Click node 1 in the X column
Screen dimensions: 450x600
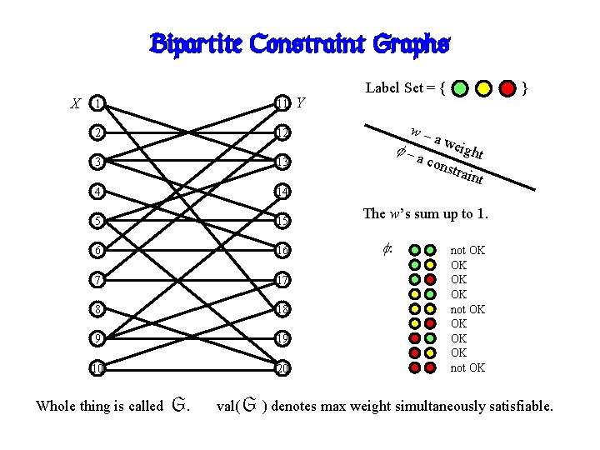98,103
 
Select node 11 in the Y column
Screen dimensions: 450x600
283,103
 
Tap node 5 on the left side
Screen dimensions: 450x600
98,221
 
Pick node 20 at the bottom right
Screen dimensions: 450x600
283,367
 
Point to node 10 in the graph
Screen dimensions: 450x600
98,367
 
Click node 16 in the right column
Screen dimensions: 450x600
283,250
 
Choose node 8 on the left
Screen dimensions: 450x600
98,309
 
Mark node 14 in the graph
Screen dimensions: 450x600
283,192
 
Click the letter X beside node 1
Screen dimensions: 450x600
76,104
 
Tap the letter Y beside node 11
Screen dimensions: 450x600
301,103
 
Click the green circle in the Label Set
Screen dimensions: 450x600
461,87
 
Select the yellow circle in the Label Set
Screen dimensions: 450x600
483,87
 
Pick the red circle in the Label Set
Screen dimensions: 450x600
507,87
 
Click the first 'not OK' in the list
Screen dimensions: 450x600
467,250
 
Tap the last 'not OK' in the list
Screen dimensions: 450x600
467,367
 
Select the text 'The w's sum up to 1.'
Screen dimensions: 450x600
425,213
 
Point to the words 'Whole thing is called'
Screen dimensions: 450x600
99,407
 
